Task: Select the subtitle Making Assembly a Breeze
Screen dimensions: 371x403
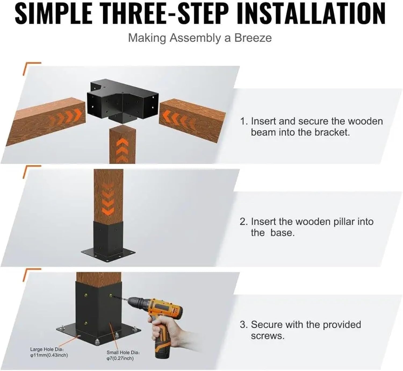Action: click(200, 38)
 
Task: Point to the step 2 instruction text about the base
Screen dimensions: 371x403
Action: click(306, 227)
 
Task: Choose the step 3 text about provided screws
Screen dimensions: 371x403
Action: click(300, 330)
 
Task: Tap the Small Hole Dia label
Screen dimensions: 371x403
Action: click(123, 355)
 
